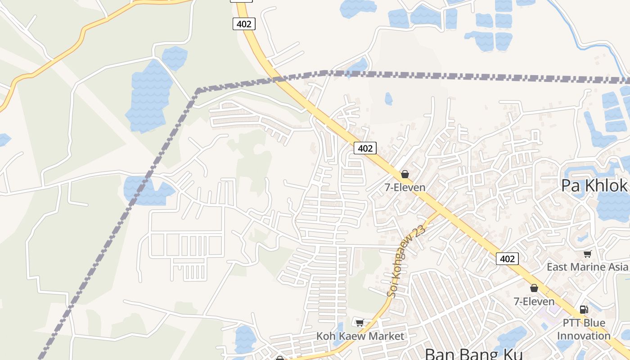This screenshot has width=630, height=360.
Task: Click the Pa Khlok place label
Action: click(594, 185)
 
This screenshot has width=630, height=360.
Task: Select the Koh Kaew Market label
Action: click(360, 336)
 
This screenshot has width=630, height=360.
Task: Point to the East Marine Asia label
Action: click(588, 267)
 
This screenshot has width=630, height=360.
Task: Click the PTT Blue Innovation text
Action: click(584, 329)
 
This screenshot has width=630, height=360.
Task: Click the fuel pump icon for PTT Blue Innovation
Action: click(584, 309)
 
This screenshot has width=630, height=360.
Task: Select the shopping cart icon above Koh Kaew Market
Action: click(360, 323)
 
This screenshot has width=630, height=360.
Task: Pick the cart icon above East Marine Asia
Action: click(587, 254)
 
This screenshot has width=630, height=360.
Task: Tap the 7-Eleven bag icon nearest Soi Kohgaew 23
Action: click(405, 174)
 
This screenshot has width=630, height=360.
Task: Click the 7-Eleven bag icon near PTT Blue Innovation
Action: click(534, 288)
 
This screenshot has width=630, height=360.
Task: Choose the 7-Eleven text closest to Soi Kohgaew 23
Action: click(405, 187)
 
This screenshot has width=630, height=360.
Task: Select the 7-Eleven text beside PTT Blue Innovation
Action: click(534, 301)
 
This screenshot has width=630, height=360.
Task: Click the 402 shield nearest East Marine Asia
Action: click(507, 259)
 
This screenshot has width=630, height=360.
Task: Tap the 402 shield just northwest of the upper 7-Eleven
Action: click(364, 148)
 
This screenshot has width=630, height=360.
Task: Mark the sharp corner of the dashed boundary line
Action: click(198, 90)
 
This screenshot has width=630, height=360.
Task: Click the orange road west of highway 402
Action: click(67, 49)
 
